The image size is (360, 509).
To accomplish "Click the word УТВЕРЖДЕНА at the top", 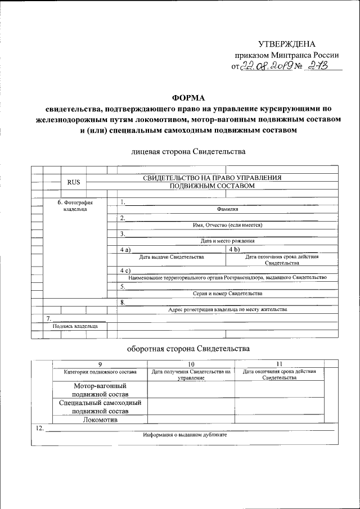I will coord(287,44).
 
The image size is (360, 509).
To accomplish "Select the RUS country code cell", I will coord(74,182).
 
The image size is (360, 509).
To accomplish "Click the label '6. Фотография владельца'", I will coord(75,206).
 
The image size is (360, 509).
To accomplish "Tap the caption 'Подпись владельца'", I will coord(75,326).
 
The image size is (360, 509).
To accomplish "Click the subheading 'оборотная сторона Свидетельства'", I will coord(187,349).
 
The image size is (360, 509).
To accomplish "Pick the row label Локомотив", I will coord(100,420).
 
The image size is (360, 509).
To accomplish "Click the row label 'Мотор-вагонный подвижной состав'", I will coord(100,390).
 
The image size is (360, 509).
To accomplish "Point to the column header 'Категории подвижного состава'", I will coord(100,372).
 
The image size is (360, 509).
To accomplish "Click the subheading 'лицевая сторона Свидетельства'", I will coord(187,151).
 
